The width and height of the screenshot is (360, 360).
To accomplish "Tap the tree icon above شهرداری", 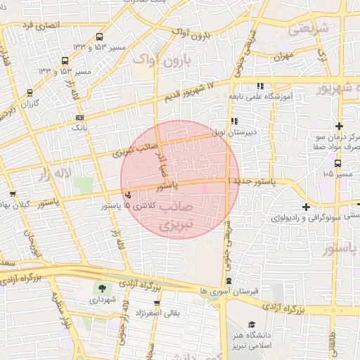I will click(x=103, y=288).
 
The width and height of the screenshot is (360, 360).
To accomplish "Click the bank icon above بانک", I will click(x=79, y=117).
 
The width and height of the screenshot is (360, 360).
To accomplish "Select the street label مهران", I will click(x=284, y=55).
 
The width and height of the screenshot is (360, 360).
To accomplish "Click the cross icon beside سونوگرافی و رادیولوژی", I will click(x=306, y=207).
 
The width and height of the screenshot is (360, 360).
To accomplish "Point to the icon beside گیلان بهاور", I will click(x=13, y=194).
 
